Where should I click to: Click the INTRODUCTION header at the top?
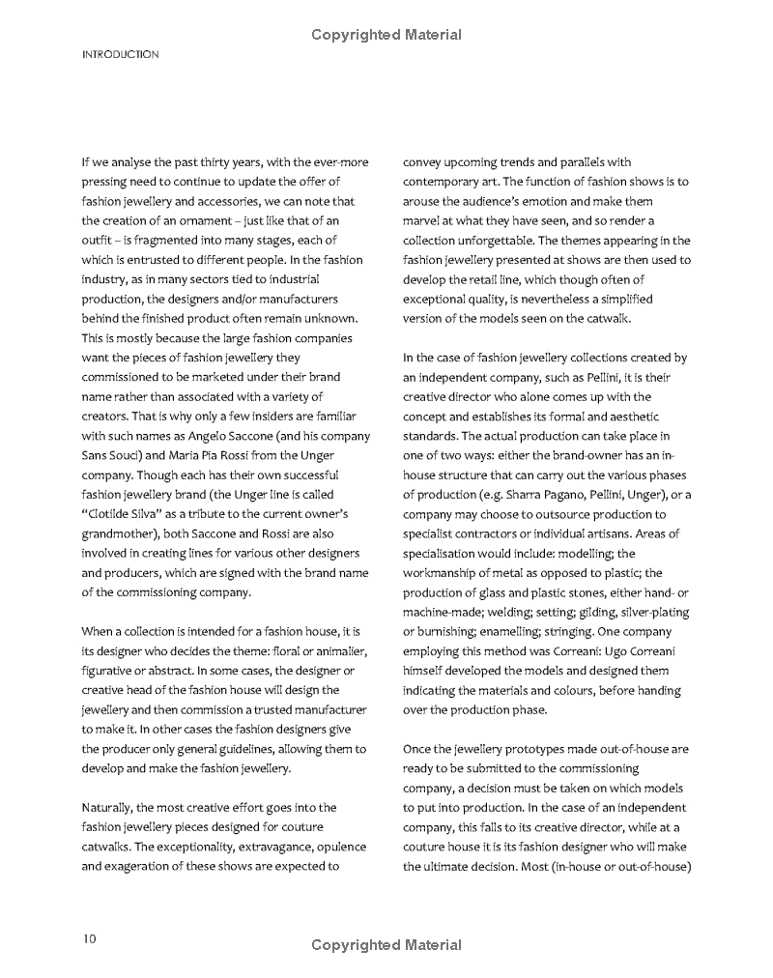[121, 55]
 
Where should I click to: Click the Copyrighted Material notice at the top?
[386, 36]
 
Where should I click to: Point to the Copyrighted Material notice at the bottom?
[386, 945]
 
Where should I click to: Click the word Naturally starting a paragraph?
[108, 807]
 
